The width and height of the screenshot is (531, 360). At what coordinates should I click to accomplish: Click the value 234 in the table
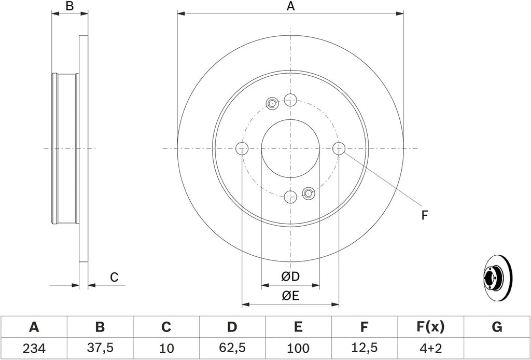tap(34, 348)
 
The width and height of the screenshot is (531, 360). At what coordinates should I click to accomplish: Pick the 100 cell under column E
tap(298, 348)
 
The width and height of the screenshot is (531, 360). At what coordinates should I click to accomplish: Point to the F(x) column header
tap(430, 327)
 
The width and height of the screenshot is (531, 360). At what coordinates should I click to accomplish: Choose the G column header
tap(496, 327)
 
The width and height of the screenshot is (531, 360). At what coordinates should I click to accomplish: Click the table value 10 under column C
tap(166, 348)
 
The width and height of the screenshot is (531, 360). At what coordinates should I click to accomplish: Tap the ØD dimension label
tap(290, 276)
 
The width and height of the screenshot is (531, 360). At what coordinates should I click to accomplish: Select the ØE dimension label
tap(290, 296)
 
